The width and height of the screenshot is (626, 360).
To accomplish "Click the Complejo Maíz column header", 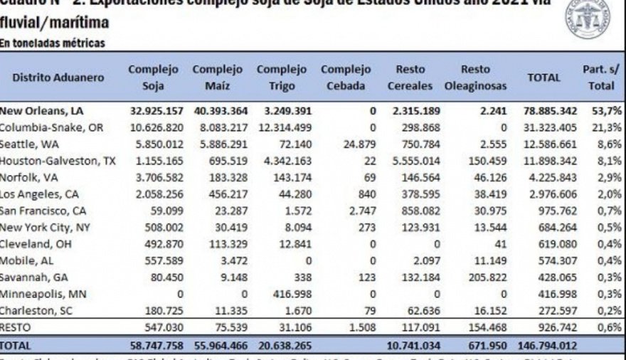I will [217, 78].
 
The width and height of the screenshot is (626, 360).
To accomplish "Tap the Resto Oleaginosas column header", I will [475, 78].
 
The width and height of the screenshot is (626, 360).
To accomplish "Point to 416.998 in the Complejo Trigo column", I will [283, 293].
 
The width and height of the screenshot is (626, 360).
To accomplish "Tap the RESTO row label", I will [17, 327].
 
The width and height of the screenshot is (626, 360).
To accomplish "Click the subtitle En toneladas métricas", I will [53, 43].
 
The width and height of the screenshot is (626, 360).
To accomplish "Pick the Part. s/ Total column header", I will [600, 78].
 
